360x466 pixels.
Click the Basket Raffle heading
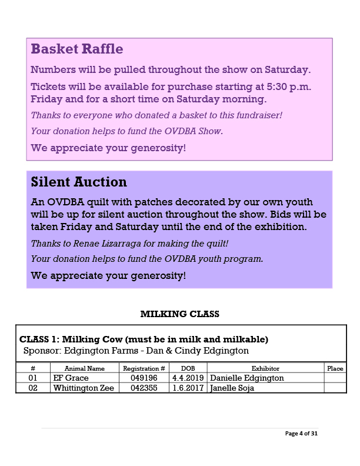click(76, 49)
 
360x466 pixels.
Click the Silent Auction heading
click(79, 182)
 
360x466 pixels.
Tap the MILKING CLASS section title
click(179, 314)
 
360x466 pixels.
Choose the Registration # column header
click(144, 368)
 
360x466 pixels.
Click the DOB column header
click(188, 368)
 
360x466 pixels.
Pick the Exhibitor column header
click(265, 368)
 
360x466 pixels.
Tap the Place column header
click(335, 368)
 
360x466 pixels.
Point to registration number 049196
click(144, 378)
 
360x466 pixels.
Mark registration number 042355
click(144, 388)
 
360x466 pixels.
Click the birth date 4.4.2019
click(188, 378)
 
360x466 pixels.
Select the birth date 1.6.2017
click(188, 388)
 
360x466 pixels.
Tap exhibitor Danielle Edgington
click(247, 378)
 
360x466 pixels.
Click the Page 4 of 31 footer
click(301, 434)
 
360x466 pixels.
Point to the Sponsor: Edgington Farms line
click(136, 351)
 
